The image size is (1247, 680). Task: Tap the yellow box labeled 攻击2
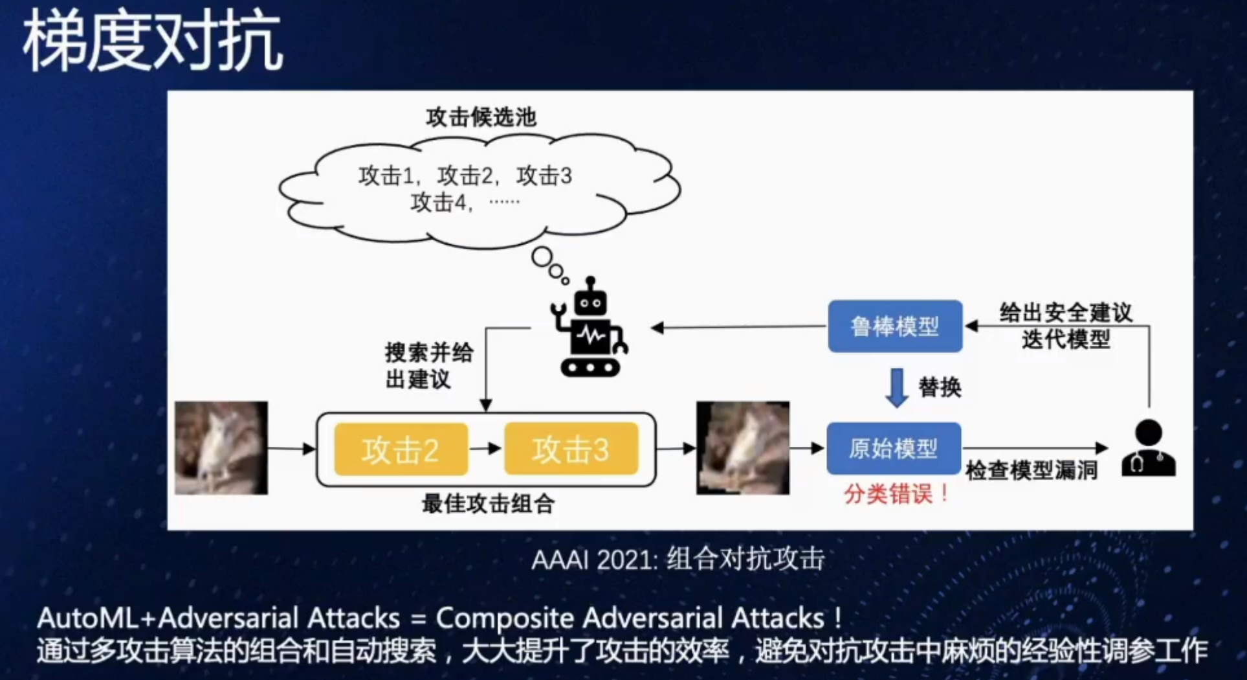[401, 449]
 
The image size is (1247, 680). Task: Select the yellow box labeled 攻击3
[571, 449]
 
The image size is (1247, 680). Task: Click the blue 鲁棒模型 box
[895, 326]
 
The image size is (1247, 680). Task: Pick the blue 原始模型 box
[894, 448]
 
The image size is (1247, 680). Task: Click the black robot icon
[590, 330]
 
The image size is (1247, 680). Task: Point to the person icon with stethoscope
[1149, 448]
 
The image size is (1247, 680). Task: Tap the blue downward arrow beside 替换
[897, 387]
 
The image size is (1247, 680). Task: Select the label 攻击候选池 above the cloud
[481, 117]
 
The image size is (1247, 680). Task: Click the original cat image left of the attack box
[221, 448]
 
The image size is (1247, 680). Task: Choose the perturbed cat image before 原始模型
[742, 448]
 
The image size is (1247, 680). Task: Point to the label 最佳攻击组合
[488, 503]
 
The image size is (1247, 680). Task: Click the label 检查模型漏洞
[1032, 471]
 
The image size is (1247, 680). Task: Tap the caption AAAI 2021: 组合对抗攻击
[678, 559]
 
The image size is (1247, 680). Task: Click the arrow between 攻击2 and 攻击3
[486, 448]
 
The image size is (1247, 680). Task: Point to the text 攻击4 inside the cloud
[439, 203]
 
